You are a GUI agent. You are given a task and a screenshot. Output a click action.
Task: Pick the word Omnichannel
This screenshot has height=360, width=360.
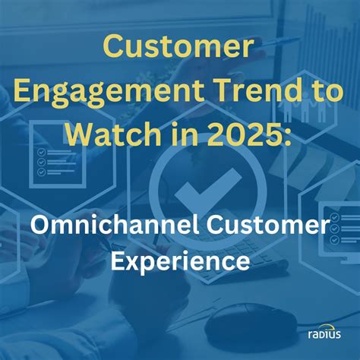click(109, 226)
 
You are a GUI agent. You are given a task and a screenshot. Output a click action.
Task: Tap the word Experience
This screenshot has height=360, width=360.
click(180, 263)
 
